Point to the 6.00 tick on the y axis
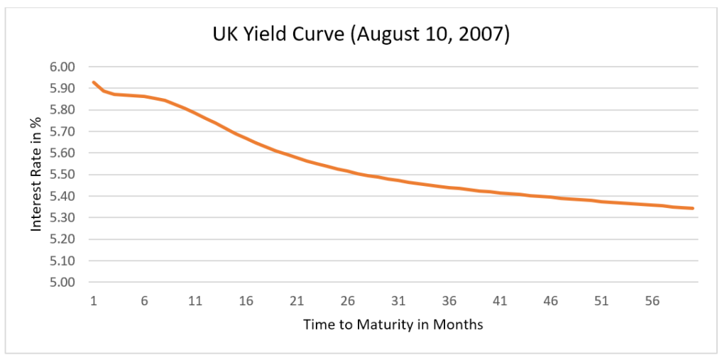[62, 67]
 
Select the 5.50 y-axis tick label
[62, 175]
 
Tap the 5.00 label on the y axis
[62, 282]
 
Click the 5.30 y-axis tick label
[62, 217]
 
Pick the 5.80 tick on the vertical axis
[62, 110]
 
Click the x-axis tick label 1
[93, 301]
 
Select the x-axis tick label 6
[144, 301]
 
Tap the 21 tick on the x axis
[297, 301]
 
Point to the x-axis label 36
[449, 301]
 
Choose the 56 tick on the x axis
[652, 301]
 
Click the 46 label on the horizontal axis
[551, 301]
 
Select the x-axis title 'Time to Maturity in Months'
[393, 325]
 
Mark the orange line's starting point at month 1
[93, 82]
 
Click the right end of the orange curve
[693, 208]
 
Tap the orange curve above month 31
[398, 180]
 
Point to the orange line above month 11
[195, 114]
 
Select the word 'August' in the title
[386, 35]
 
